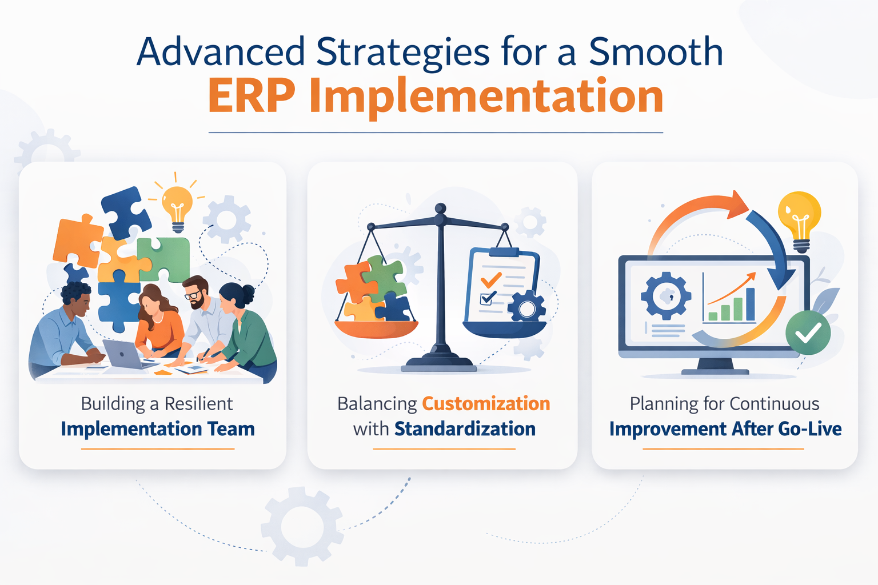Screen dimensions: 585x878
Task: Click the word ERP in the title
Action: pos(252,96)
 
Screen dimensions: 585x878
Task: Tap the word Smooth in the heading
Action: pos(656,52)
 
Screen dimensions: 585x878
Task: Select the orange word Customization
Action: pos(486,404)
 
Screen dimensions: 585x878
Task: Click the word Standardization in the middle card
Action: pos(465,429)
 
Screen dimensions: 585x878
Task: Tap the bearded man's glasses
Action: pos(194,295)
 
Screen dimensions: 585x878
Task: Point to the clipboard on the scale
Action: pos(502,286)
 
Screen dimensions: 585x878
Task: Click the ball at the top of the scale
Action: pos(440,209)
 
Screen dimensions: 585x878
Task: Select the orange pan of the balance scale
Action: pos(376,330)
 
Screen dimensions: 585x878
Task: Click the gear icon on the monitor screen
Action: pos(666,296)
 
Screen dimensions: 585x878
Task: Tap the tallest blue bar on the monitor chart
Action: pos(750,304)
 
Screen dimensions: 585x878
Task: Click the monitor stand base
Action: pos(715,371)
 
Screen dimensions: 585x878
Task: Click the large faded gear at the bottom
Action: pos(302,526)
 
